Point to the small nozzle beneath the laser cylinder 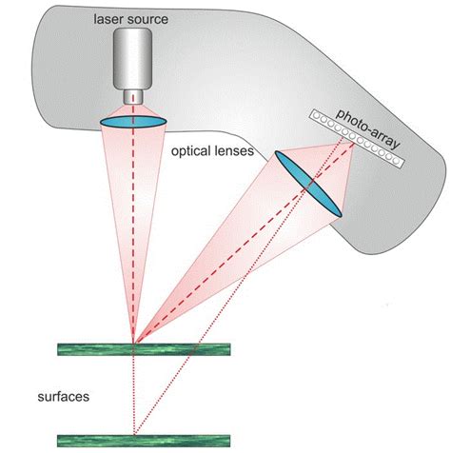tap(133, 98)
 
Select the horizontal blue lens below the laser tap(133, 121)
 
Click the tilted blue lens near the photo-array tap(307, 185)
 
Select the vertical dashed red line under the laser tap(133, 238)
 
